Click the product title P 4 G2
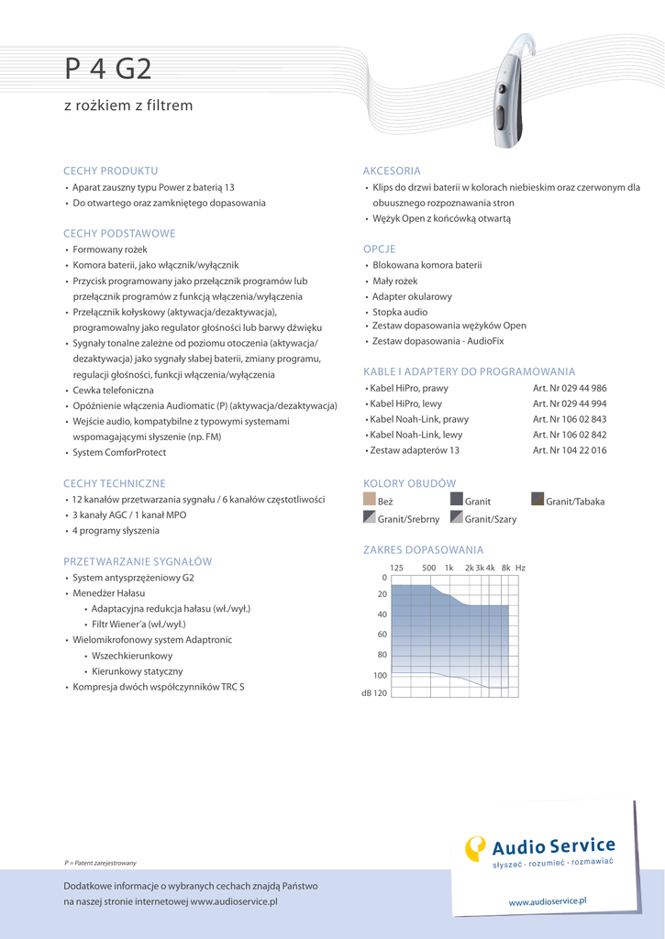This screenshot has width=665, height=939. pos(107,70)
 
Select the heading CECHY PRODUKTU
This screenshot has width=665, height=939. pos(110,171)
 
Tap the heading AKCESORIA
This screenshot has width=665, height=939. pos(392,171)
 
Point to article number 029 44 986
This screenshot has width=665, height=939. pos(570,388)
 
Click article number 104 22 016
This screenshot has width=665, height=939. pos(570,450)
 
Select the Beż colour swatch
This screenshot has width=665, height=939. pos(370,500)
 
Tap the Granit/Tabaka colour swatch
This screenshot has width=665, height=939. pos(538,500)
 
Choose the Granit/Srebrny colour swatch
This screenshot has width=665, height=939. pos(370,518)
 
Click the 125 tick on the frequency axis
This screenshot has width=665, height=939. pos(396,568)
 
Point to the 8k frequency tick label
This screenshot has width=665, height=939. pos(505,568)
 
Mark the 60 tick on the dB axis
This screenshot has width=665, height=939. pos(382,635)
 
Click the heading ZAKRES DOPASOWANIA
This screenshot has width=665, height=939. pos(423,549)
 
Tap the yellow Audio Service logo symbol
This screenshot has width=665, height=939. pos(475,848)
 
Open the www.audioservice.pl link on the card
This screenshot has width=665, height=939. pos(547,901)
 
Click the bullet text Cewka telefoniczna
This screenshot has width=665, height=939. pos(114,391)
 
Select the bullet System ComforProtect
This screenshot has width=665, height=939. pos(119,452)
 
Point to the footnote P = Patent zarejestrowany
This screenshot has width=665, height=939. pos(100,863)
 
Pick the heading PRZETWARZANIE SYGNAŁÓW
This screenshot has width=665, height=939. pos(138,561)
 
